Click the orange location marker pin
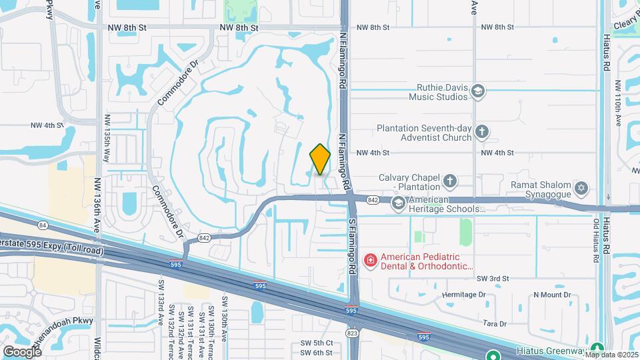pyautogui.click(x=320, y=159)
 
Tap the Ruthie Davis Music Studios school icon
pyautogui.click(x=477, y=91)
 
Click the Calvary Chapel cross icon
pyautogui.click(x=450, y=181)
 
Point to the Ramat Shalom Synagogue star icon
pyautogui.click(x=581, y=188)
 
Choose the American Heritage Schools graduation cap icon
pyautogui.click(x=399, y=203)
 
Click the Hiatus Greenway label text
pyautogui.click(x=551, y=349)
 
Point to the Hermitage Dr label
pyautogui.click(x=464, y=294)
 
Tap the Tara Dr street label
pyautogui.click(x=494, y=323)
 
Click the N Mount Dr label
pyautogui.click(x=552, y=294)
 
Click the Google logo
pyautogui.click(x=22, y=351)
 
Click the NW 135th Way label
pyautogui.click(x=107, y=141)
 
